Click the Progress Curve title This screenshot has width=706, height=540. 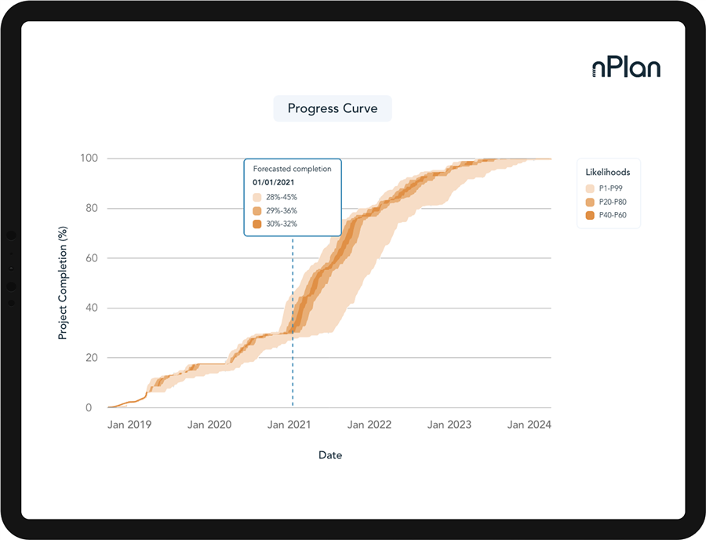click(332, 108)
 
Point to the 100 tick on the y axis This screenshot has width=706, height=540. click(89, 159)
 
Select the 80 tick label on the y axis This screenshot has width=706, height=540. click(93, 209)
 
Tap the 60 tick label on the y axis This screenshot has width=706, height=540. click(93, 258)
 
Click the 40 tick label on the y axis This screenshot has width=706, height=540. click(93, 308)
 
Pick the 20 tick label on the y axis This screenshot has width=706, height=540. click(93, 358)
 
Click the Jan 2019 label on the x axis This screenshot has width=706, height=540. click(129, 425)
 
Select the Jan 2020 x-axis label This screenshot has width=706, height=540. click(209, 425)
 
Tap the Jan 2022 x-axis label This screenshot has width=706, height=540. click(369, 425)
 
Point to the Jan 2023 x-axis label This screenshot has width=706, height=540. click(449, 425)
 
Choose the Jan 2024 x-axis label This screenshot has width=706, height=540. click(529, 425)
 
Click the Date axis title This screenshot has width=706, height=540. click(330, 455)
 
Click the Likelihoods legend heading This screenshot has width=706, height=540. click(608, 172)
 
